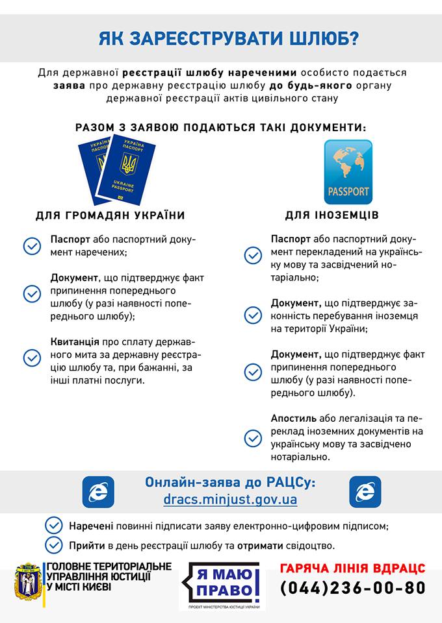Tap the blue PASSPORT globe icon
click(x=348, y=172)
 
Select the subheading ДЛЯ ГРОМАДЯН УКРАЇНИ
click(x=110, y=215)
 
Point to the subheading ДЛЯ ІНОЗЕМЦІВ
click(x=331, y=215)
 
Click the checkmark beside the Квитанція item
click(x=32, y=358)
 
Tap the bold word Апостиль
click(x=294, y=419)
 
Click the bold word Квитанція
click(x=75, y=341)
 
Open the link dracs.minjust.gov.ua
click(x=231, y=500)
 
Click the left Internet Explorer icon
click(x=98, y=491)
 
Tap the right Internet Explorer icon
click(x=365, y=491)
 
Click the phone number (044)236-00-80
click(x=353, y=588)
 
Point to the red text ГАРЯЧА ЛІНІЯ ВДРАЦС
click(x=353, y=568)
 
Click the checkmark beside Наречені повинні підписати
click(x=54, y=525)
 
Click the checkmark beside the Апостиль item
click(x=253, y=438)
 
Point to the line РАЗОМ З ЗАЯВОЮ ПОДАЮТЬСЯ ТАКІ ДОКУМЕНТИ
click(x=221, y=127)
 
